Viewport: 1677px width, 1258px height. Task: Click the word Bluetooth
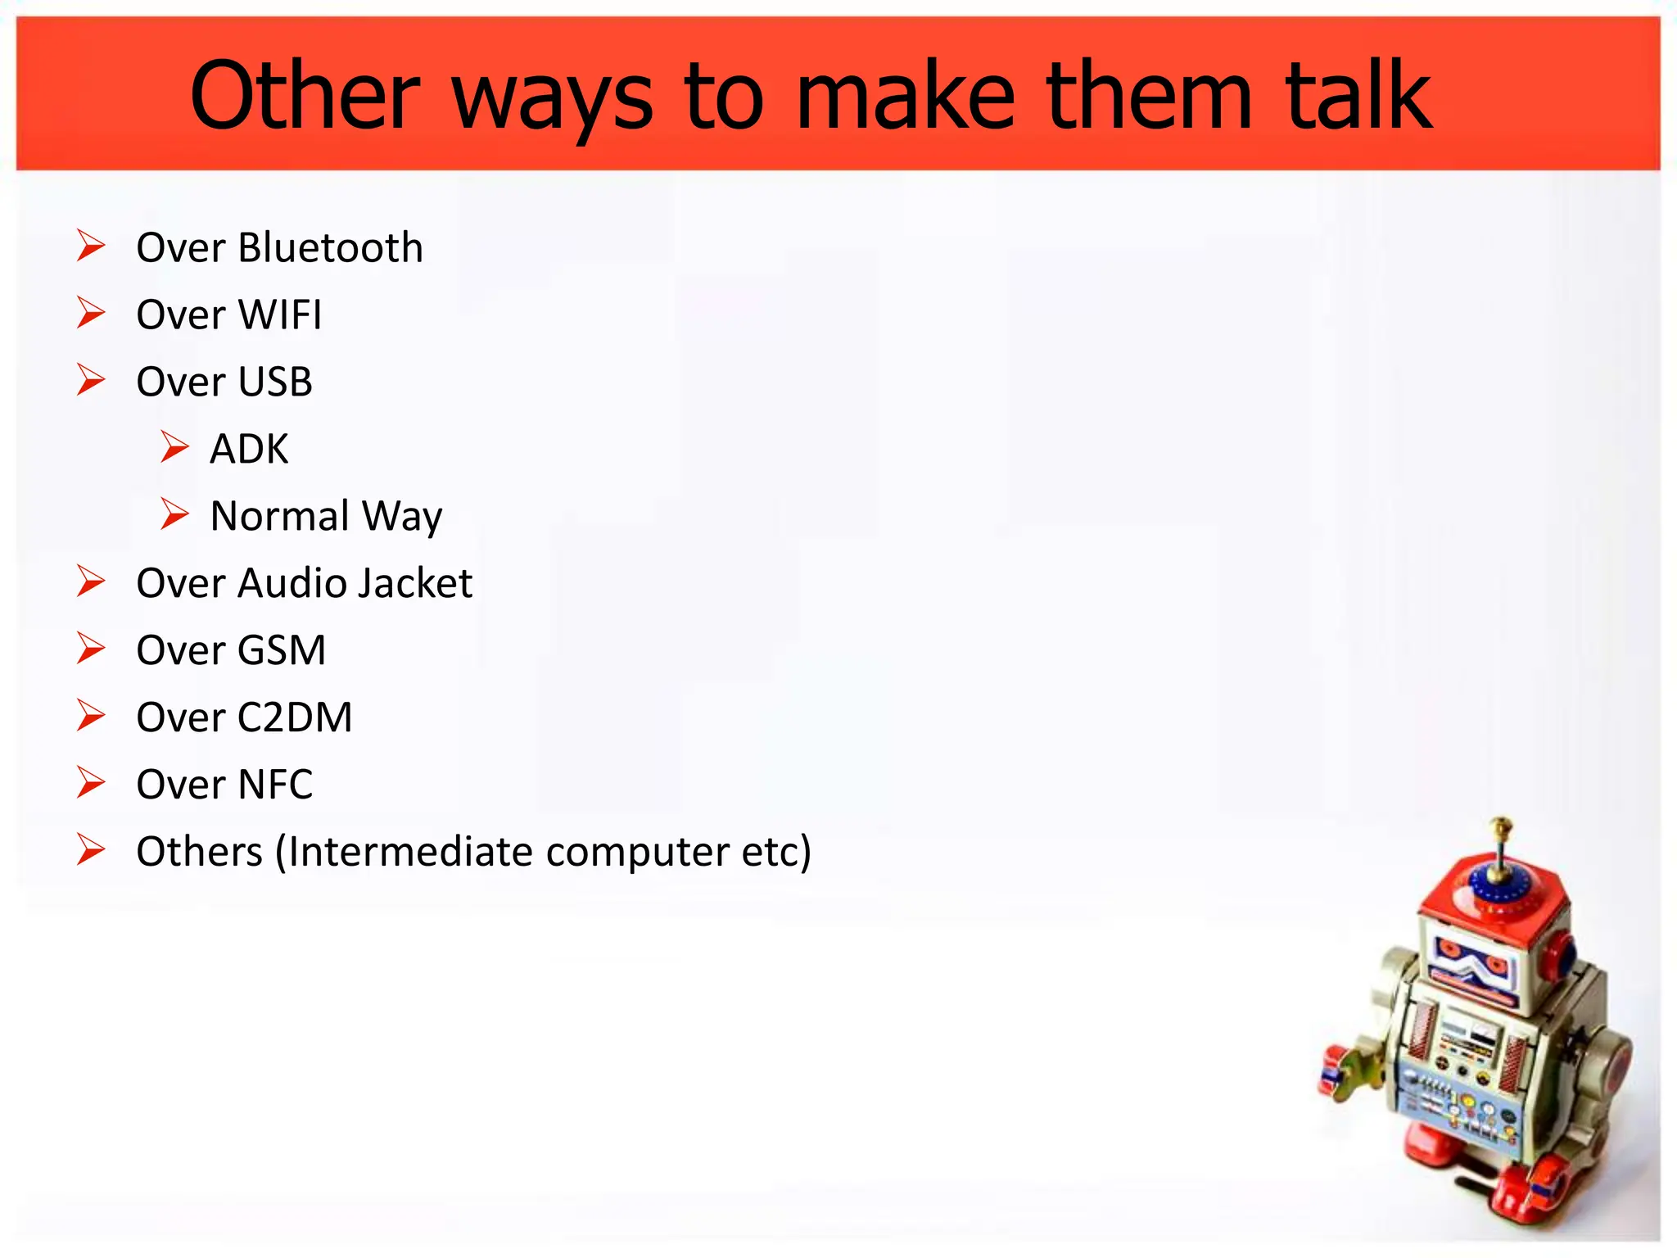coord(330,247)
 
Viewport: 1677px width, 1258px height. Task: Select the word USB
coord(275,382)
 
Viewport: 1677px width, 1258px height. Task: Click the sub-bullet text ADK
coord(249,449)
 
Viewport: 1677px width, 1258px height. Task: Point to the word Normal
coord(280,516)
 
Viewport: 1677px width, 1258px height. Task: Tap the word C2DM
coord(295,717)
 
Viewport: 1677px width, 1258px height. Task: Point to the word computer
coord(637,852)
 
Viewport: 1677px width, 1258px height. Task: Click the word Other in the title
coord(305,97)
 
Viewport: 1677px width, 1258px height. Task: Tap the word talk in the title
coord(1359,97)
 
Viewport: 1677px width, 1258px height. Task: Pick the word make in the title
coord(906,97)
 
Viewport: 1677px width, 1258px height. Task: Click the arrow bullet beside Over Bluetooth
coord(91,246)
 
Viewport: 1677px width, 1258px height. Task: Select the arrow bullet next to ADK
coord(174,447)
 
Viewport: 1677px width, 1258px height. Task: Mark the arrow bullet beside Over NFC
coord(91,783)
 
